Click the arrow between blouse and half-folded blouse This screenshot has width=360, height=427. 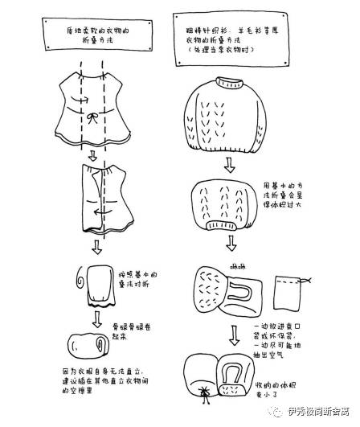click(92, 154)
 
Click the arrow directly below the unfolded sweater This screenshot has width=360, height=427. click(230, 166)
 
